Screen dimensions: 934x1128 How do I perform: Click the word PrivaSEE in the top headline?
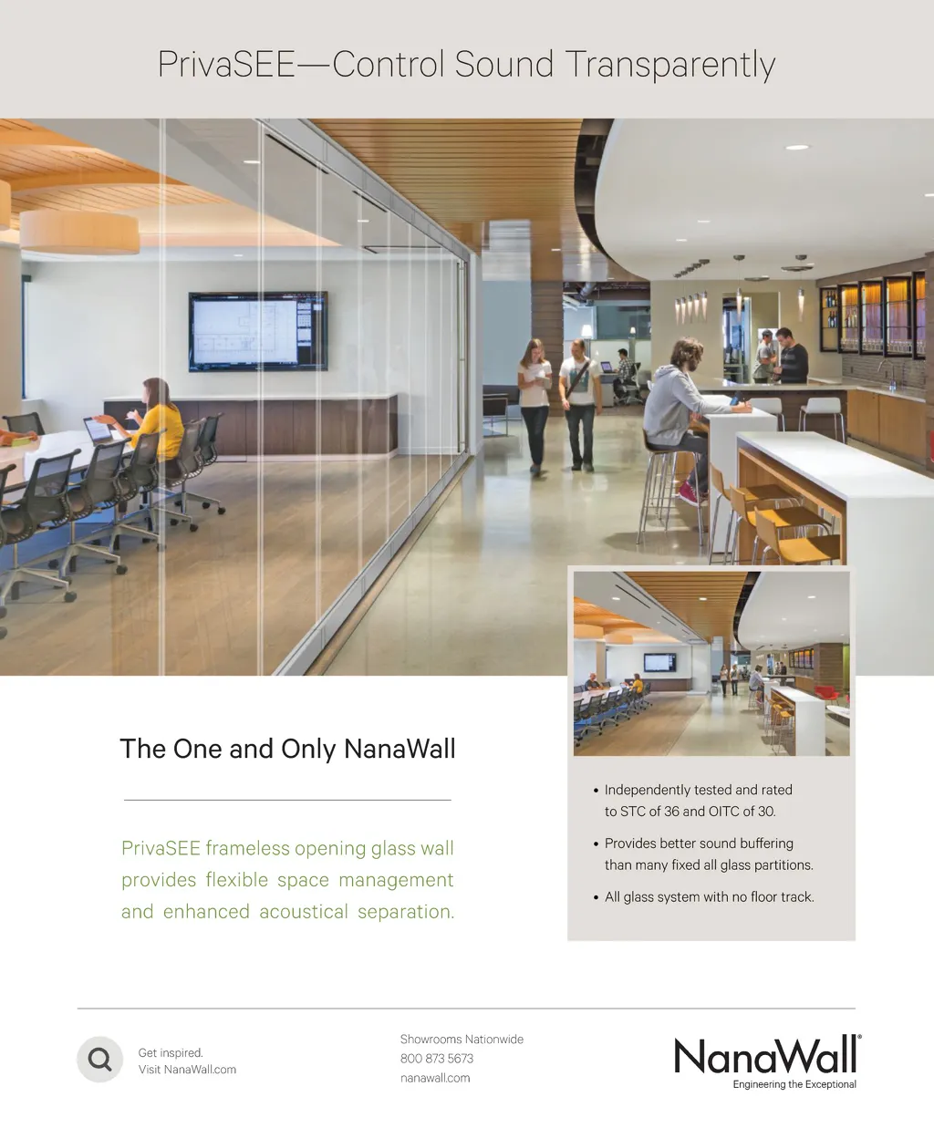(226, 64)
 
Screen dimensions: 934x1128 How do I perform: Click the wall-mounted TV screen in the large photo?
(258, 332)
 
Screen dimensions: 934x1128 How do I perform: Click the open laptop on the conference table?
(98, 430)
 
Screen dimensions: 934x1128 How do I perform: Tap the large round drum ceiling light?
(79, 232)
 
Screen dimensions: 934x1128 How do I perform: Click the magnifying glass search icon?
(100, 1060)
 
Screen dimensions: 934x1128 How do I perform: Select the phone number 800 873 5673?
(437, 1059)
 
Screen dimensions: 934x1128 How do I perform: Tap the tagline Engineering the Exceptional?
(794, 1084)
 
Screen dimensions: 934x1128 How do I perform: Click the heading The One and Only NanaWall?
(287, 749)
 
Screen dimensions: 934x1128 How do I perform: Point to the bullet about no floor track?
(704, 897)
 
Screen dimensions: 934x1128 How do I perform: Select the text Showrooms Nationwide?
(462, 1040)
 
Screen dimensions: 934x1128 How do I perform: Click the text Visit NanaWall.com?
(187, 1070)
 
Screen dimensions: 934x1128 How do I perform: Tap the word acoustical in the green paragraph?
(304, 912)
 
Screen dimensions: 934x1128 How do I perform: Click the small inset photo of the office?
(711, 664)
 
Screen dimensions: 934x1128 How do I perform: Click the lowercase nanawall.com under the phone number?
(435, 1078)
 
